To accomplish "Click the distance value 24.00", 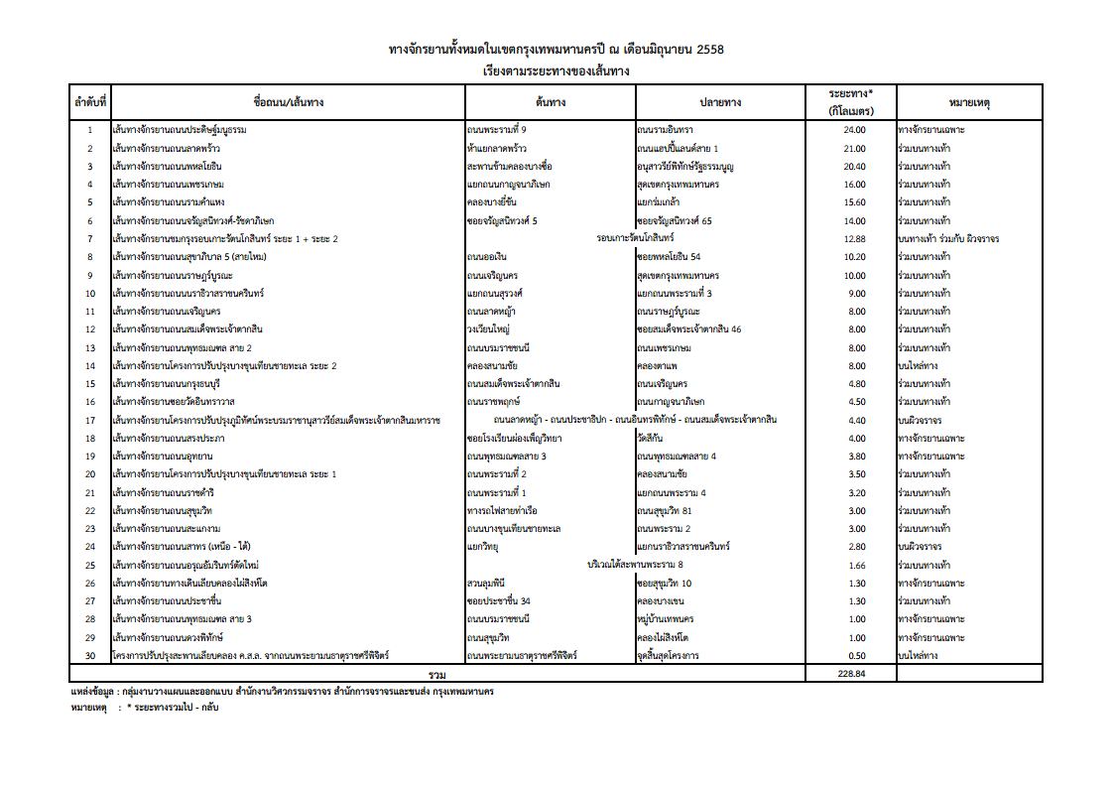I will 854,130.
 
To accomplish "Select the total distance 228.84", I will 854,674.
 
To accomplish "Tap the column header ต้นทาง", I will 550,102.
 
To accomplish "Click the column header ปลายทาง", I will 720,102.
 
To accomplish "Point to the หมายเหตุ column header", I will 969,102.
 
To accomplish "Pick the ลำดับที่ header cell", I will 89,102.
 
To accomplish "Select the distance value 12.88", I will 854,239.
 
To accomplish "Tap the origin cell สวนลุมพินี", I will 486,584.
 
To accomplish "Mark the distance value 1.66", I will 854,565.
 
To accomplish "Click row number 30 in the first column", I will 89,656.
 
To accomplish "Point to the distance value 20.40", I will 854,167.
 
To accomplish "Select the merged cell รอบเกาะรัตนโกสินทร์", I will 636,239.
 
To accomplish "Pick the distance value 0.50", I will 854,656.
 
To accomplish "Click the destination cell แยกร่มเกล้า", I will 660,202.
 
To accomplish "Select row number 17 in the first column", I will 89,420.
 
